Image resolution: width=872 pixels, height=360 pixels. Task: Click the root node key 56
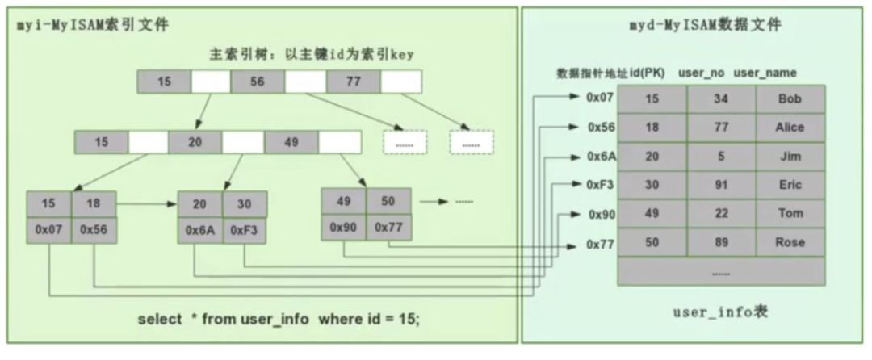coord(258,82)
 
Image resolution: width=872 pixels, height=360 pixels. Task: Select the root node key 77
coord(354,82)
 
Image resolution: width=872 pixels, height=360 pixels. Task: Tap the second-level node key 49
coord(291,142)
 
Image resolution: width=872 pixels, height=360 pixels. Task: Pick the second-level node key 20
coord(195,142)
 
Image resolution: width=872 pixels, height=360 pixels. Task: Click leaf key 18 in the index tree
coord(94,203)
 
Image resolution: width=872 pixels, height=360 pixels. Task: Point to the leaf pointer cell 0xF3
coord(245,229)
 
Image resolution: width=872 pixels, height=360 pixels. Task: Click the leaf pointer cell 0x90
coord(343,227)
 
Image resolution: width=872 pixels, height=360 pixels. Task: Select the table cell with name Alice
coord(790,127)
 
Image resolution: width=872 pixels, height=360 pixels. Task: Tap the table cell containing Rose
coord(790,242)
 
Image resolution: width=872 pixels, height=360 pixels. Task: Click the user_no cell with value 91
coord(721,184)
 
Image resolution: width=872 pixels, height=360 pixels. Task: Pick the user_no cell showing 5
coord(721,156)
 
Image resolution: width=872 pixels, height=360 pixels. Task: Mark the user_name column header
coord(765,73)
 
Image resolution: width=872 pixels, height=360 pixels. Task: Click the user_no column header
coord(702,73)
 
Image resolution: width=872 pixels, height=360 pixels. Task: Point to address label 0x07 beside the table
coord(601,98)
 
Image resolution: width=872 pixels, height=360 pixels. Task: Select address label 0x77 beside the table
coord(601,243)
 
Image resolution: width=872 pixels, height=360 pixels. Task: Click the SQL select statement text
coord(279,319)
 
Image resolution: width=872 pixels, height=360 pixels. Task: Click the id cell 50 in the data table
coord(652,242)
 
